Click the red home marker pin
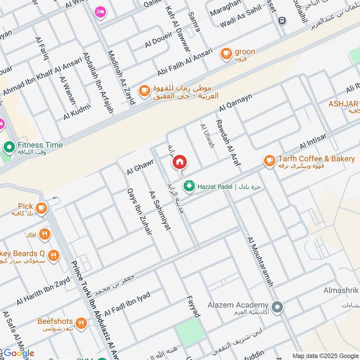click(180, 162)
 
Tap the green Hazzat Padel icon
click(189, 186)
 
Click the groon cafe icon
click(226, 54)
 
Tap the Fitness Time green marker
click(9, 147)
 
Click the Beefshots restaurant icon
click(81, 323)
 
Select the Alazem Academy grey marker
click(278, 308)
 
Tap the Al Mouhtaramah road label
click(260, 261)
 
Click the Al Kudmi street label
click(77, 111)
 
